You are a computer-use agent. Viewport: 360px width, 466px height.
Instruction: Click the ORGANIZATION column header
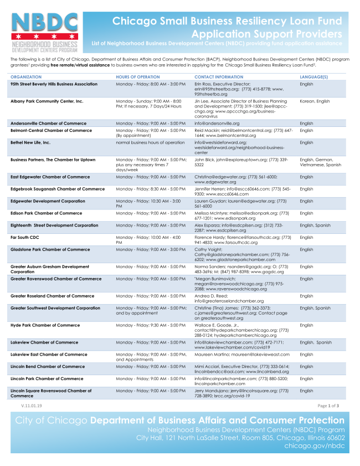click(x=26, y=76)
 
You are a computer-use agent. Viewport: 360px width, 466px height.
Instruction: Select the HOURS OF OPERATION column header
click(x=138, y=76)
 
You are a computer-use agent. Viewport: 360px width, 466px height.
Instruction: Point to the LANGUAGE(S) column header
click(x=314, y=76)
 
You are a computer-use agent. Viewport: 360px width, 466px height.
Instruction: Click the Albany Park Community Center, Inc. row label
click(x=47, y=101)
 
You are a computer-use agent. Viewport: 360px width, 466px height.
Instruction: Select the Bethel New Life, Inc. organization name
click(x=31, y=142)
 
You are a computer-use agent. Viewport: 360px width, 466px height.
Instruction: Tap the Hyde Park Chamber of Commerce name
click(x=45, y=325)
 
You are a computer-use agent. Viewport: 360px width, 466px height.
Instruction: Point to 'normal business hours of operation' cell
click(x=150, y=142)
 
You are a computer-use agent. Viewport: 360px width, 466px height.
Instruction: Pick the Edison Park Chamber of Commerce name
click(x=47, y=213)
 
